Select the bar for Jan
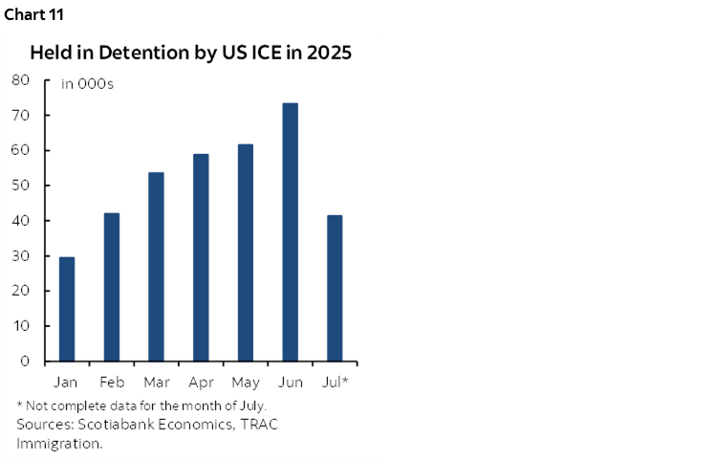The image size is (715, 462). pos(67,309)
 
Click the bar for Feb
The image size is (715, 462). pos(112,287)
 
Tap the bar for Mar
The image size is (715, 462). pos(156,267)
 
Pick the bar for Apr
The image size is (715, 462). pos(201,257)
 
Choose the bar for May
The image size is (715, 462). pos(246,253)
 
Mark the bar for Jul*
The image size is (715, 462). pos(335,288)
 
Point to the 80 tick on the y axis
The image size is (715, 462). pos(21,80)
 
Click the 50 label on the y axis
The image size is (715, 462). pos(21,186)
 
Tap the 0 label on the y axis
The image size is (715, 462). pos(26,362)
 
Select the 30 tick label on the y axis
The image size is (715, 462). pos(21,256)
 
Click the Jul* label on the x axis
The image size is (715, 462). pos(335,383)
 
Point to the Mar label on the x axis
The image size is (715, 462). pos(156,383)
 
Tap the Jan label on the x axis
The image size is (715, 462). pos(67,383)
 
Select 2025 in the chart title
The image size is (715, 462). pos(327,53)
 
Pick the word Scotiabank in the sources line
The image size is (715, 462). pos(112,424)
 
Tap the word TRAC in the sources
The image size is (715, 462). pos(238,424)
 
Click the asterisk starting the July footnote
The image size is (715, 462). pos(20,404)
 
